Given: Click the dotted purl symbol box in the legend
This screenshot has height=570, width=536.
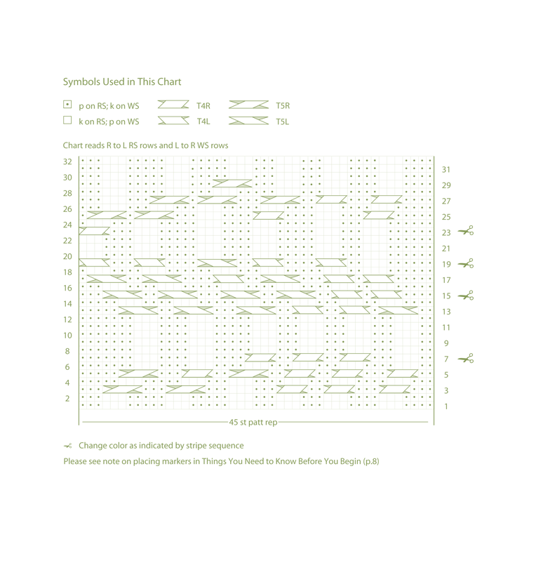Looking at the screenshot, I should (x=67, y=105).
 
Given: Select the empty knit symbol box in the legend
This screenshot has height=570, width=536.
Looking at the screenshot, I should (x=67, y=120).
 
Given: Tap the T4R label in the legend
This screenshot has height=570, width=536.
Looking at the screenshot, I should (x=203, y=106).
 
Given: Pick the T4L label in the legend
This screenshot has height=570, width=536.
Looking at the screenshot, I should (x=203, y=121).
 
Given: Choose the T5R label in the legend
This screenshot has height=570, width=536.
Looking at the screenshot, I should (x=283, y=106).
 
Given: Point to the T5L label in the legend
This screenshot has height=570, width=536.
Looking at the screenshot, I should (x=282, y=121).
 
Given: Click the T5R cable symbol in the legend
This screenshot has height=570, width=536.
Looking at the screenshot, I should (x=249, y=105).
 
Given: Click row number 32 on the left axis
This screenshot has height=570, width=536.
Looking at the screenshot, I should (x=67, y=162).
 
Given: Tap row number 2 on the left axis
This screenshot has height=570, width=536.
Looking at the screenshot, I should (x=68, y=399).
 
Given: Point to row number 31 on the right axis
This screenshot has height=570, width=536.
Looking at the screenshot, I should (x=446, y=170).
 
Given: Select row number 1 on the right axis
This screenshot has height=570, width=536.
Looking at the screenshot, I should (x=446, y=406).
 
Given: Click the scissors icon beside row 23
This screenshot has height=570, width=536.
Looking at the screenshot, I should (x=466, y=231).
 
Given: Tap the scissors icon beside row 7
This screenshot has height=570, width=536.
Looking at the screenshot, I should (x=466, y=359).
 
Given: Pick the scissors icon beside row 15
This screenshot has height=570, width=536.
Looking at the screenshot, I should (x=466, y=296).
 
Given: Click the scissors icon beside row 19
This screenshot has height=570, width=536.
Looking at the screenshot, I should (x=466, y=263).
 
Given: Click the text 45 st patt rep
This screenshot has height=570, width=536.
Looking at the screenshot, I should (x=253, y=423).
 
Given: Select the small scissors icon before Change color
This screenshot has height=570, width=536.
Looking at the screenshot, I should (x=68, y=446).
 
